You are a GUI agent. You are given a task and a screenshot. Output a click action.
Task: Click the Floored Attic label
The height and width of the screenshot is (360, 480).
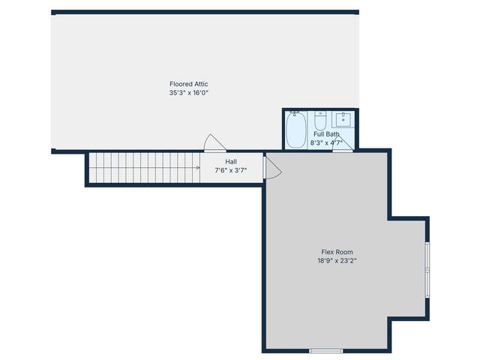tap(188, 84)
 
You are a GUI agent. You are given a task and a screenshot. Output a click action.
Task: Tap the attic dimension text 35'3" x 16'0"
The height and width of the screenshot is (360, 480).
tap(188, 93)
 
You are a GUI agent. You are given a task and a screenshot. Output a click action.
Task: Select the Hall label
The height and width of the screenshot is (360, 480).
tap(231, 161)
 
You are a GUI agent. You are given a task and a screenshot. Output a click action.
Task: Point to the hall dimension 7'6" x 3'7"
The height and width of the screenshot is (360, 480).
tap(231, 170)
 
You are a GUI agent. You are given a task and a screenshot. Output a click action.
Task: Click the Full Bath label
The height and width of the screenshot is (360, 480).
tap(326, 134)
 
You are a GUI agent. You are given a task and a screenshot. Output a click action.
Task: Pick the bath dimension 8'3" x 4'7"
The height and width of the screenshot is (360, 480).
tap(326, 142)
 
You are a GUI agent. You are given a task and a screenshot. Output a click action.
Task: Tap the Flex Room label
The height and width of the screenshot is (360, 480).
tap(337, 252)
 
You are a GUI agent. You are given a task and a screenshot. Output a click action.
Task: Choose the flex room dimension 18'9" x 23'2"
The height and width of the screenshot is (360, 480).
tap(337, 261)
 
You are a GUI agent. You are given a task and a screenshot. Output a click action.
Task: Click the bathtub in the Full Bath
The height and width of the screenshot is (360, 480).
tap(295, 130)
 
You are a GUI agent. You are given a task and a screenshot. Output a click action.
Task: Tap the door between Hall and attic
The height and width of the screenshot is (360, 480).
tap(214, 143)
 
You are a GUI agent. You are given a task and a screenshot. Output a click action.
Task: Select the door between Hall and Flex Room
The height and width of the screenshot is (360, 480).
tap(271, 166)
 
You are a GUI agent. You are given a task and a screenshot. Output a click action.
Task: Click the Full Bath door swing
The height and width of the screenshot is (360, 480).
tap(343, 142)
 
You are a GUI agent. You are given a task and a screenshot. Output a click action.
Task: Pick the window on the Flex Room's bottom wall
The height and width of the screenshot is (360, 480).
tap(326, 350)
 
